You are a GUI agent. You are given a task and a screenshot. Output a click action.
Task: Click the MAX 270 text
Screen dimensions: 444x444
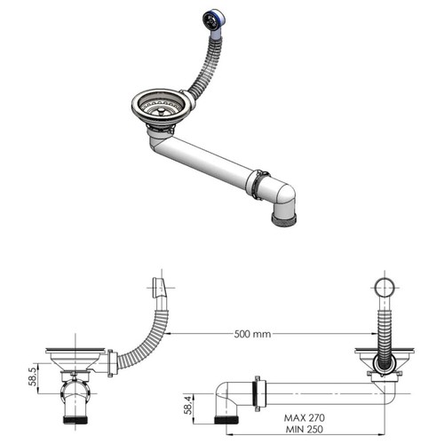coord(306,416)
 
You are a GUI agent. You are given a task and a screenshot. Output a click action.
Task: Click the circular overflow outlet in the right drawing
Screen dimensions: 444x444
coord(384,289)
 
